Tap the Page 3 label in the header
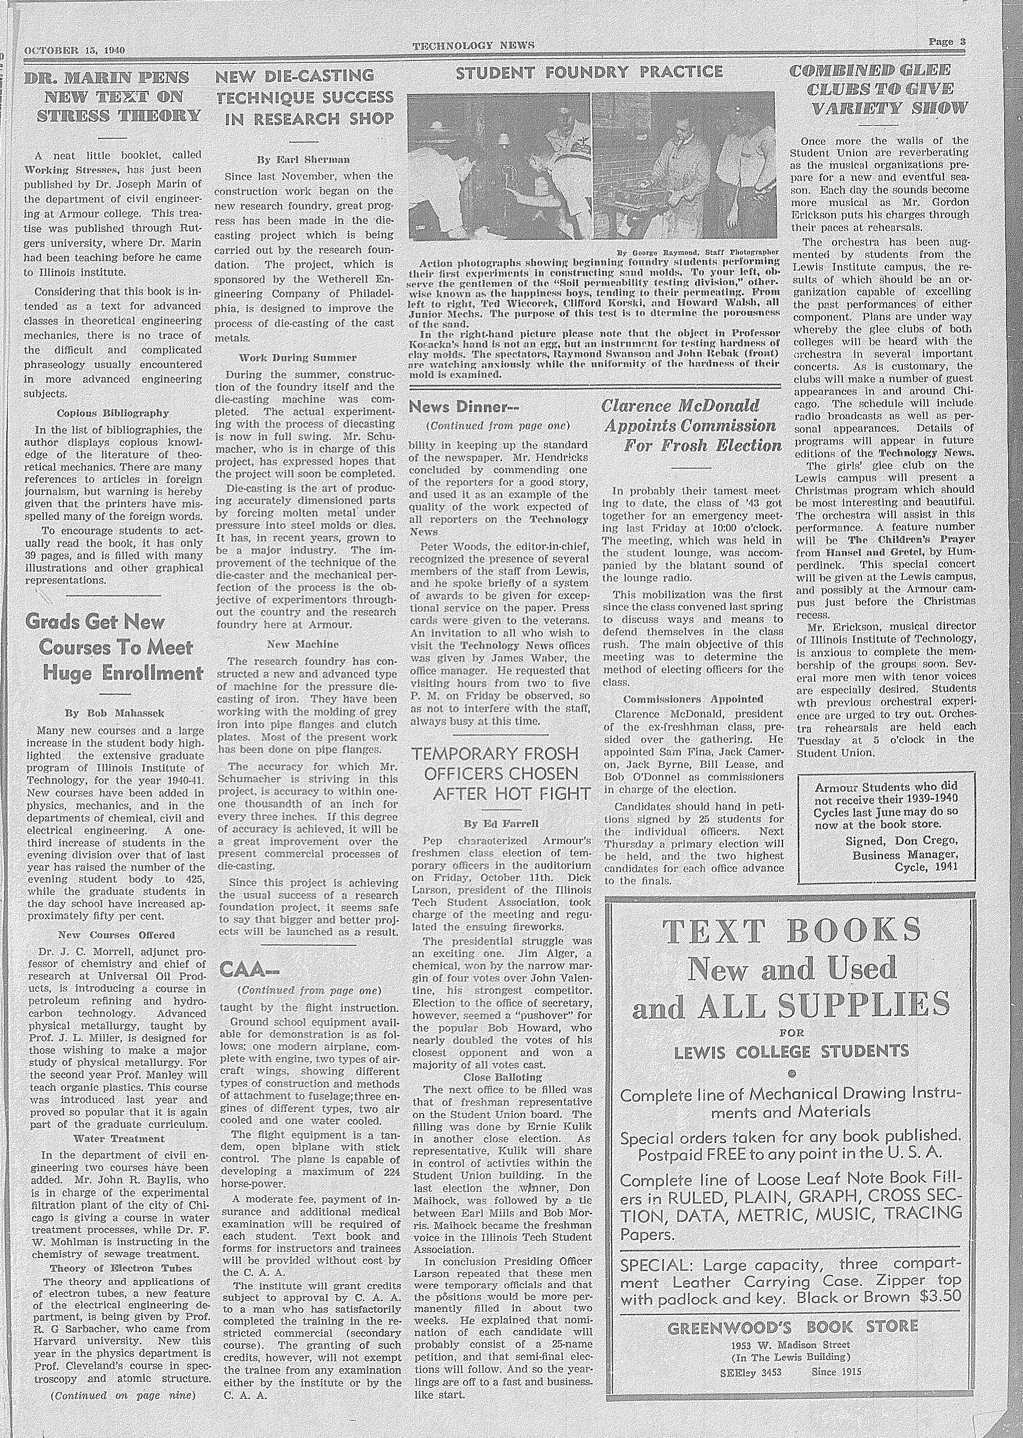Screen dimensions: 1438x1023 tap(947, 42)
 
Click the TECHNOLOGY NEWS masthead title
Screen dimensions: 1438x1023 tap(473, 45)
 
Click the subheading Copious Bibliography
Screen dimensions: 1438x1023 tap(113, 414)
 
